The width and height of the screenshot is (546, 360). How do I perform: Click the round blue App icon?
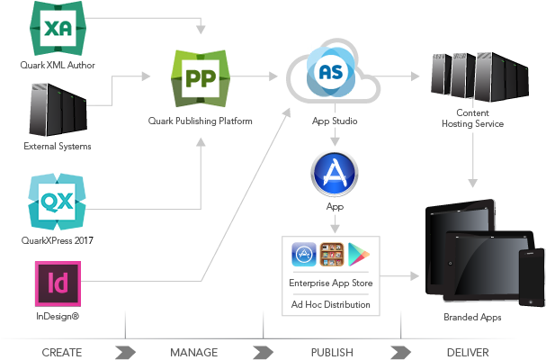point(334,174)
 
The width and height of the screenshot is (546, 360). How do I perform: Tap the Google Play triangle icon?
point(361,255)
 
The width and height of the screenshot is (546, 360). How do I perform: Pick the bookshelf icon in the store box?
point(333,255)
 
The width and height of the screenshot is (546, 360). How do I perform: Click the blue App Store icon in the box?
point(304,255)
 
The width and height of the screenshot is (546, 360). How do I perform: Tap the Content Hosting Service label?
point(473,118)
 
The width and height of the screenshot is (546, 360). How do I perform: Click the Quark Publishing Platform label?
point(200,121)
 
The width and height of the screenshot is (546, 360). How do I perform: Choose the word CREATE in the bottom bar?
point(62,352)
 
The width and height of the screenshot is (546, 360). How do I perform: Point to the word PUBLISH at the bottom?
point(332,352)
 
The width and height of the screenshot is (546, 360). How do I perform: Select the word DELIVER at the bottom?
point(468,352)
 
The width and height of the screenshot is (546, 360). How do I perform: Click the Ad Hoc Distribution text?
point(331,304)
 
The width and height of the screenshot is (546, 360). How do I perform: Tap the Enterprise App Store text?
point(331,283)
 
